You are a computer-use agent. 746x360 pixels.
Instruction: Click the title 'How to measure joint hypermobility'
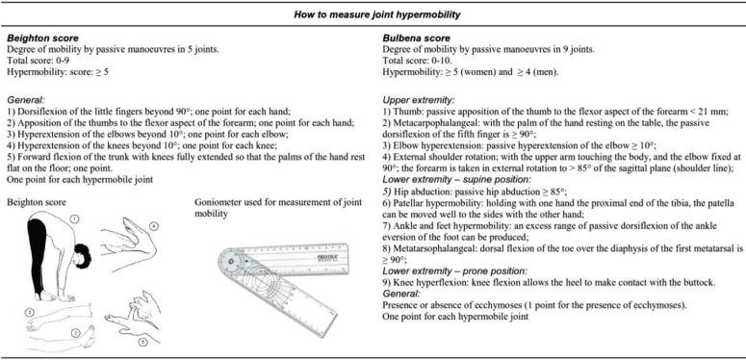tap(376, 14)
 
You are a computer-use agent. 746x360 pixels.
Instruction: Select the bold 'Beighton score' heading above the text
tap(42, 39)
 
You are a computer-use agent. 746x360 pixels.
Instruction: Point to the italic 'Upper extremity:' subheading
tap(418, 100)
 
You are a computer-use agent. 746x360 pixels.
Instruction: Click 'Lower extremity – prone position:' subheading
tap(455, 271)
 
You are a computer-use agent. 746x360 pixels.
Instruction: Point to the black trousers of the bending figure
tap(38, 257)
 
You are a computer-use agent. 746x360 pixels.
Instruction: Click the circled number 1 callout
tap(75, 219)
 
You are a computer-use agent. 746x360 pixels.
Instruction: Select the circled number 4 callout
tap(153, 227)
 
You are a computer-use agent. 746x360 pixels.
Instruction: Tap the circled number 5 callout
tap(141, 341)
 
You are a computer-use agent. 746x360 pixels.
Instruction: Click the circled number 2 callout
tap(29, 312)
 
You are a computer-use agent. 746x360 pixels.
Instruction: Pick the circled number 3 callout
tap(75, 333)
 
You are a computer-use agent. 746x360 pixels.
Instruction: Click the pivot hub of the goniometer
tap(233, 261)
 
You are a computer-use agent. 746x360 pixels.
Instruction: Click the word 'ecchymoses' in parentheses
tap(662, 306)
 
